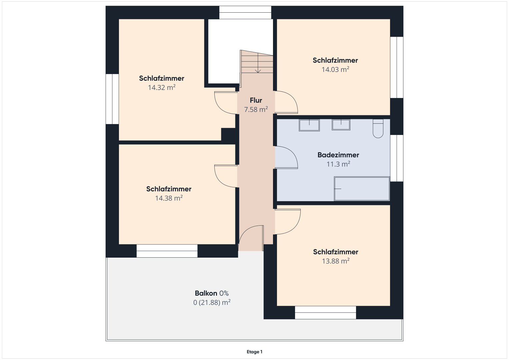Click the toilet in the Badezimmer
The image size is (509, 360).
coord(378,128)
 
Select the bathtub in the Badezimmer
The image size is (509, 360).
coord(362,189)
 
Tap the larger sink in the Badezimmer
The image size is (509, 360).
coord(309,125)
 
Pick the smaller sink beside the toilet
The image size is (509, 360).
coord(341,125)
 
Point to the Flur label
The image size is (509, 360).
coord(256,100)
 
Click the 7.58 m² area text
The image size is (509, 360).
coord(256,109)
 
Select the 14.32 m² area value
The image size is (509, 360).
coord(162,87)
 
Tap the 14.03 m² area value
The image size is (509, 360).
coord(335,69)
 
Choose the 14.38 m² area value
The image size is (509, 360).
coord(169,198)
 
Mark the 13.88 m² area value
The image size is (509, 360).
coord(336,261)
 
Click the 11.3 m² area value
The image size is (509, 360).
coord(338,164)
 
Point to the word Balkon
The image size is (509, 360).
coord(206,293)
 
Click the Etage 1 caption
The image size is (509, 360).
coord(255,352)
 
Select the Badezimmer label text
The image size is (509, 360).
coord(338,155)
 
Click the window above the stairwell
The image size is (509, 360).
coord(245,13)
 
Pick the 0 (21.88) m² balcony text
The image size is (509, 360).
coord(212,303)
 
